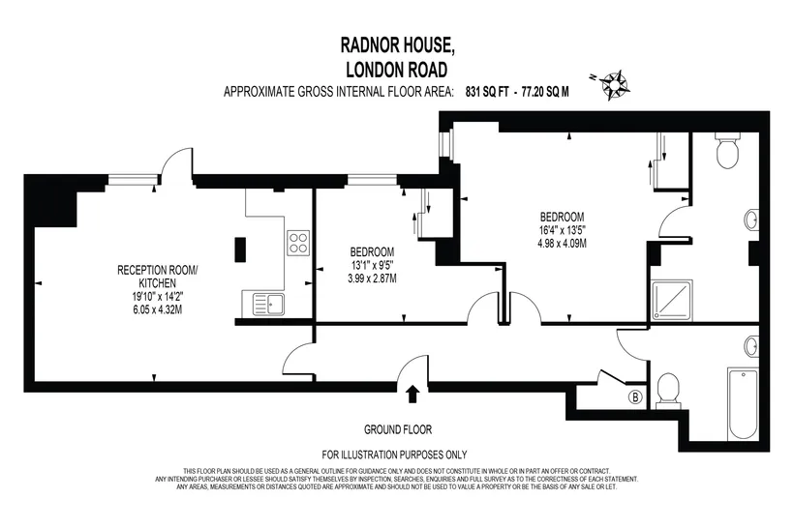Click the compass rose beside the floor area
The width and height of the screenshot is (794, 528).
click(615, 85)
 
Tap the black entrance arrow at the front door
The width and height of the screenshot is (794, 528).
click(412, 394)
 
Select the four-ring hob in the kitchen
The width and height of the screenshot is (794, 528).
click(298, 243)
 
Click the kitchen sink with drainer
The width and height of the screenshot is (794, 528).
click(262, 305)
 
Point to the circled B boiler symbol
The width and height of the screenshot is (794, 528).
click(635, 397)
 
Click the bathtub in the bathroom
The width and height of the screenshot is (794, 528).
click(743, 404)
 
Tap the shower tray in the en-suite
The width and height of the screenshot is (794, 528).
click(672, 301)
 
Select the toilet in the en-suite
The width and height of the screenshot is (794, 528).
click(727, 150)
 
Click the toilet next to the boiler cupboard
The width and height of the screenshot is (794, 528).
click(668, 391)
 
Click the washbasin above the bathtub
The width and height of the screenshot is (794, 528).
click(751, 346)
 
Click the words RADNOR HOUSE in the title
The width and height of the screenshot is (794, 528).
click(398, 45)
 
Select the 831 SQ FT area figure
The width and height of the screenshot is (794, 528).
click(487, 92)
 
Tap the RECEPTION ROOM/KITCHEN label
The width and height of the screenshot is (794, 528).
click(158, 277)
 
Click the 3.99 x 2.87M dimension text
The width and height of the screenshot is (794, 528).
click(372, 279)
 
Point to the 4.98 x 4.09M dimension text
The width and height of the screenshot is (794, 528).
click(562, 244)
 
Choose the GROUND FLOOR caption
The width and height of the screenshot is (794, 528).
click(398, 430)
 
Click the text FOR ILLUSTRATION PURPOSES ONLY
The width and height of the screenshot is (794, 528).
click(394, 455)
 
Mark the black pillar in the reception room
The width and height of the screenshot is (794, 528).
click(240, 249)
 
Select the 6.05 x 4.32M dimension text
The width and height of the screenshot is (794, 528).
click(158, 309)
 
